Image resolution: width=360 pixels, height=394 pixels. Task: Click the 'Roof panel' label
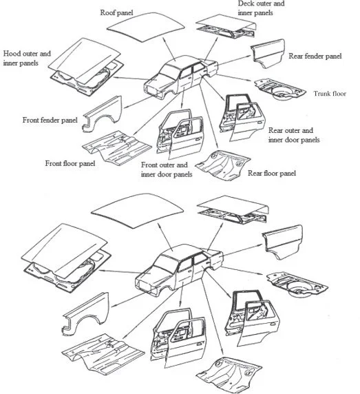click(x=116, y=12)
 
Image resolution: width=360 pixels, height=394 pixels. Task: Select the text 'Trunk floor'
click(x=330, y=94)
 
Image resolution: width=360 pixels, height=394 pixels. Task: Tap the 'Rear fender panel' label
click(x=315, y=56)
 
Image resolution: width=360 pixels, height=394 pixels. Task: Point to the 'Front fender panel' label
click(x=50, y=120)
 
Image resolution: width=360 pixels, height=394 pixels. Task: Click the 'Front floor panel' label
click(x=70, y=163)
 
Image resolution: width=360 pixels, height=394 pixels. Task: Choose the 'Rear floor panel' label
click(x=272, y=173)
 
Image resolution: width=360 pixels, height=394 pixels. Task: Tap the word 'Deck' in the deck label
click(x=246, y=3)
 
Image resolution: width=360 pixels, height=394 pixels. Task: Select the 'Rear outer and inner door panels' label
click(x=294, y=135)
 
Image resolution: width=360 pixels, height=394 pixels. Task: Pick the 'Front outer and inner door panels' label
click(x=167, y=169)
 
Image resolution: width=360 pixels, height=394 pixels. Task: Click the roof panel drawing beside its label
click(x=146, y=27)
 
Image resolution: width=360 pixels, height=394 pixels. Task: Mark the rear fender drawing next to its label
click(x=268, y=53)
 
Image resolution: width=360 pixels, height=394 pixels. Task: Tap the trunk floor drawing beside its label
click(x=280, y=90)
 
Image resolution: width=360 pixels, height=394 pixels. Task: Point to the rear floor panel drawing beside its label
click(x=222, y=165)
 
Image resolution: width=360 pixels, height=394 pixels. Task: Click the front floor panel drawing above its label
click(x=117, y=146)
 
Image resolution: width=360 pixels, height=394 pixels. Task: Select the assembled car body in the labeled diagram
click(x=181, y=76)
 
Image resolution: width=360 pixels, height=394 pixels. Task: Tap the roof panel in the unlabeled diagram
click(x=138, y=210)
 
